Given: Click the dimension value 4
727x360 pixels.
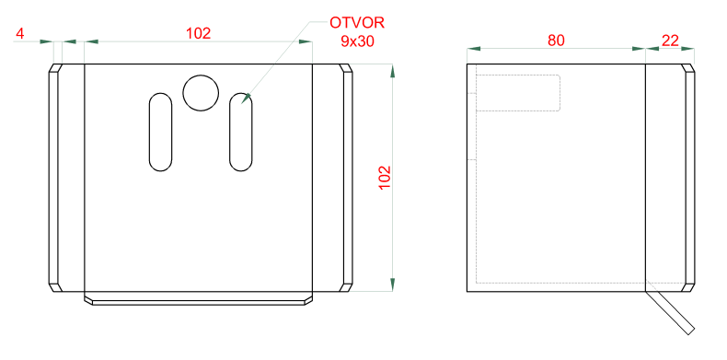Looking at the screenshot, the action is (x=19, y=33).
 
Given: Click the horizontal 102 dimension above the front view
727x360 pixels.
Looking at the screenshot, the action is (x=199, y=33).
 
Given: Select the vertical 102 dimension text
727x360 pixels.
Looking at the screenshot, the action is (x=386, y=177).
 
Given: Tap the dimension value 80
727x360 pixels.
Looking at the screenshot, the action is (x=556, y=41).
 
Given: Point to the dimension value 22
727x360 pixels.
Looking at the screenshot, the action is (x=670, y=41).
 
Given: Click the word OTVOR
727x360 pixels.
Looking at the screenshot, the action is (x=357, y=22).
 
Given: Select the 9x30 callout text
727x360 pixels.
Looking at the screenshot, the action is (x=357, y=41).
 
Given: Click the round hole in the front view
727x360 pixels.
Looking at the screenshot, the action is (x=201, y=93).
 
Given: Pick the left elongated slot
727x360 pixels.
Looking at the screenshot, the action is (x=160, y=133).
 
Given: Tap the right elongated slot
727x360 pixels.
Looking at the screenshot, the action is (x=241, y=133).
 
